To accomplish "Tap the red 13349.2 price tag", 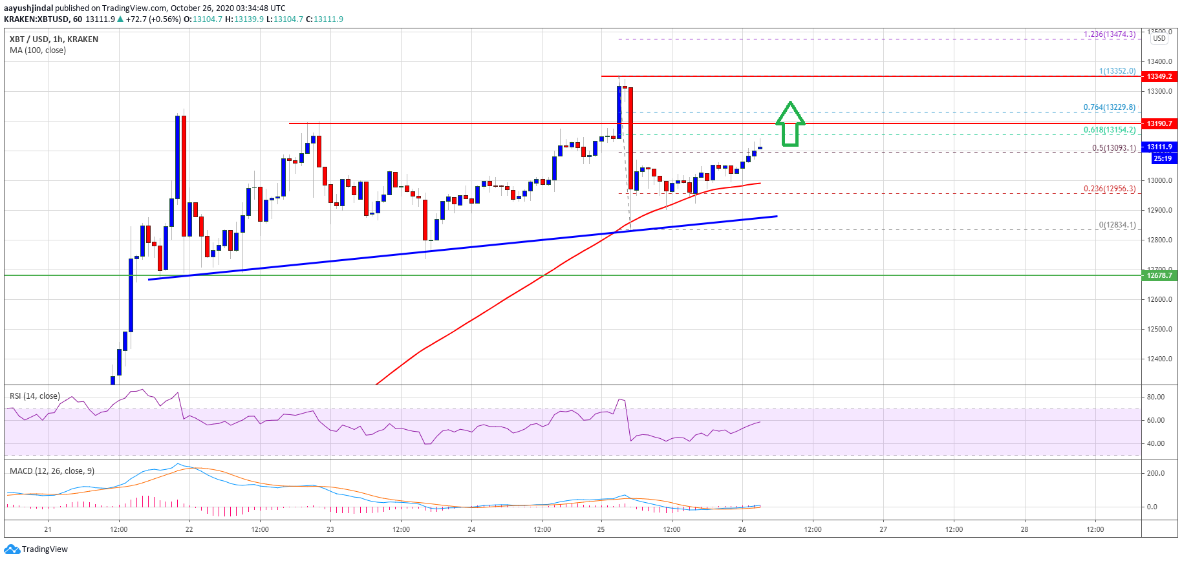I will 1159,76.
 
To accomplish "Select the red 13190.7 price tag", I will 1159,123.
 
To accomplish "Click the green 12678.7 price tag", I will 1159,275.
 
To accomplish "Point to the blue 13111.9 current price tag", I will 1159,147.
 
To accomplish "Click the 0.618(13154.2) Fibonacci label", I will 1109,130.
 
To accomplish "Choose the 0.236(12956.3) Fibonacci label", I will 1109,189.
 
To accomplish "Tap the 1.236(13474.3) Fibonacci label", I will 1109,34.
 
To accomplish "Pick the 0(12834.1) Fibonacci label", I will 1117,225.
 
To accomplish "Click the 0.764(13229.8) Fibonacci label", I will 1109,107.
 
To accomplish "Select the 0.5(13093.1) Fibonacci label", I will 1113,148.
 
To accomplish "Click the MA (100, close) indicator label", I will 38,50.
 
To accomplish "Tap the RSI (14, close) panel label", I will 35,396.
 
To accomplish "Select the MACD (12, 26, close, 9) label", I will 52,471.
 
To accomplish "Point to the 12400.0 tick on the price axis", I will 1159,359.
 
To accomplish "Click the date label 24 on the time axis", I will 471,529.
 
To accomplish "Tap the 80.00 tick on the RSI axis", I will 1155,397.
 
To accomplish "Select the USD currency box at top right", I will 1159,38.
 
